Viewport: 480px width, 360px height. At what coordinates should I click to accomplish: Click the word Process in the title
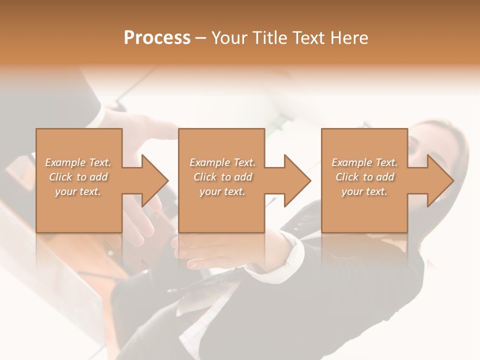157,37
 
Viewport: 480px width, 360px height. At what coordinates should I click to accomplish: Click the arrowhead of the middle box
296,180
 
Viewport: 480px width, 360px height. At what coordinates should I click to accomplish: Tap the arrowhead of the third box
439,180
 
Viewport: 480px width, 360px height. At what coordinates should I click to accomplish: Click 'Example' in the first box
65,162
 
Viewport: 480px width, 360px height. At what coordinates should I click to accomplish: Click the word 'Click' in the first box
60,177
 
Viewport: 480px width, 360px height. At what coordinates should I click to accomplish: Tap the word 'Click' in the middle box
204,177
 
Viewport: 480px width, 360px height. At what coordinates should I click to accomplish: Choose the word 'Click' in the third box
346,177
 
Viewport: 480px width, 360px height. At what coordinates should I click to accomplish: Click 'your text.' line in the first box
78,191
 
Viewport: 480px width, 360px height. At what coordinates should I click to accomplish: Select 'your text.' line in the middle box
222,191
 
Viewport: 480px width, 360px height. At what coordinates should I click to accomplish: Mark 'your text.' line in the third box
364,191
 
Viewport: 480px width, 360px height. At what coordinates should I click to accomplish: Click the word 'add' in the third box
384,177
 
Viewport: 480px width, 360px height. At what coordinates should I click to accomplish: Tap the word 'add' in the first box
98,177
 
